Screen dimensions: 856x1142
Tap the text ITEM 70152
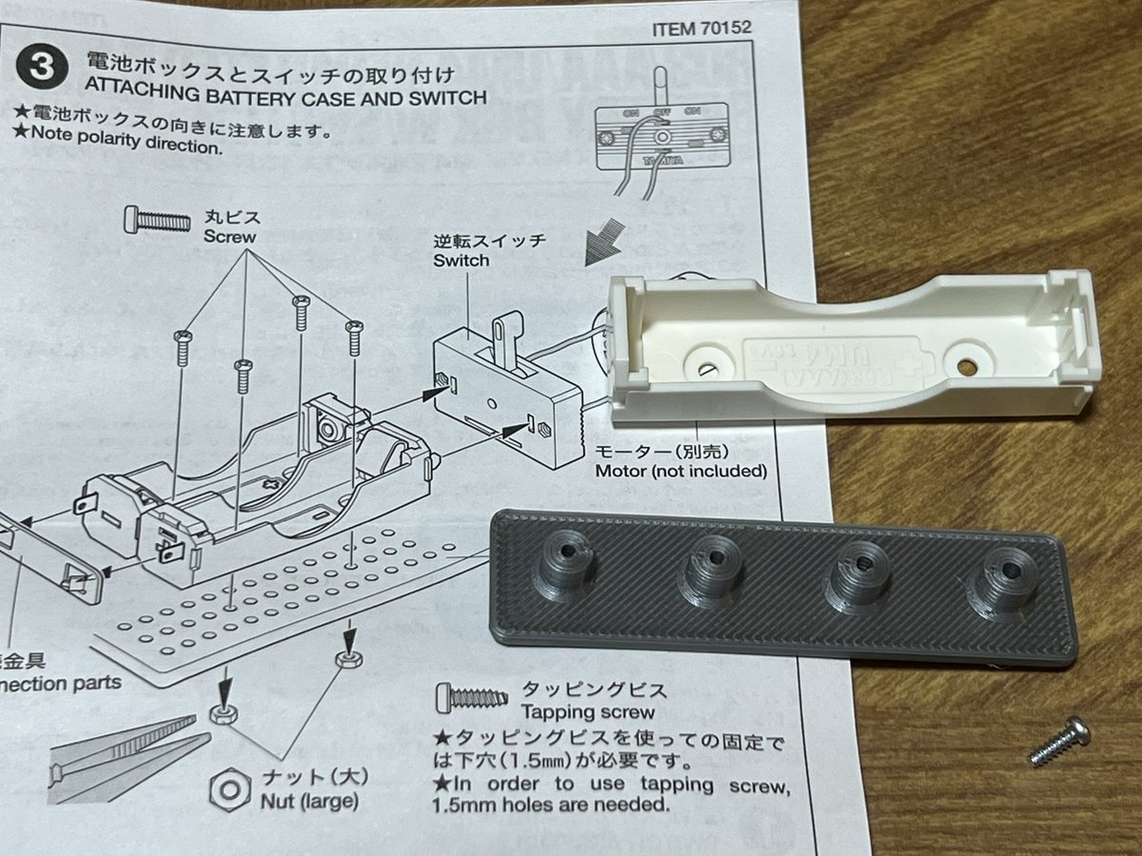pos(701,28)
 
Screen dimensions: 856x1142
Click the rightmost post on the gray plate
pos(1000,588)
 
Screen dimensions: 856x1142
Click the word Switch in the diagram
pos(461,260)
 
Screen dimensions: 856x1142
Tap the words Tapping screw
pos(586,712)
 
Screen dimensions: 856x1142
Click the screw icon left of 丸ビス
pos(157,221)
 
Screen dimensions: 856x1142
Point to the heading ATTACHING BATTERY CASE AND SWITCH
pos(285,97)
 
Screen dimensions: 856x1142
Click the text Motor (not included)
pos(680,471)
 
